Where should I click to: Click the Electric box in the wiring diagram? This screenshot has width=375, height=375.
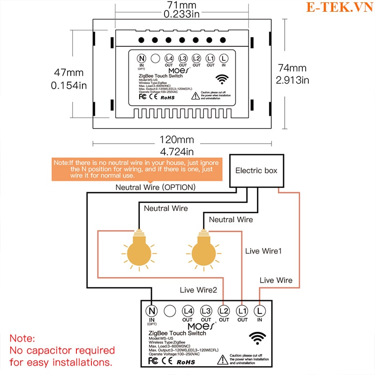tap(256, 171)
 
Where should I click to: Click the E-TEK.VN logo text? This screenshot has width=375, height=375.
tap(336, 7)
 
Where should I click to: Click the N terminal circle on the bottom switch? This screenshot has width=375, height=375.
tap(152, 310)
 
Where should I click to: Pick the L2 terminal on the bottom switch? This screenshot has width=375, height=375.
tap(224, 310)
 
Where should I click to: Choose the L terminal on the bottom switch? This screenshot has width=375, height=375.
tap(260, 310)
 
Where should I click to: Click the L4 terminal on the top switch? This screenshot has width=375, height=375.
tap(169, 58)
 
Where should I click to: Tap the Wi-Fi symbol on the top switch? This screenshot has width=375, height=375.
tap(223, 78)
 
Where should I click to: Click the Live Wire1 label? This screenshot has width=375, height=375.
tap(263, 251)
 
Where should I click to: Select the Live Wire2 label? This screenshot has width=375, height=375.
tap(198, 290)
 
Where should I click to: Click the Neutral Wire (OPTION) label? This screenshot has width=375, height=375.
tap(156, 187)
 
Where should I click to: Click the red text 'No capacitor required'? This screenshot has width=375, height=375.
tap(62, 350)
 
